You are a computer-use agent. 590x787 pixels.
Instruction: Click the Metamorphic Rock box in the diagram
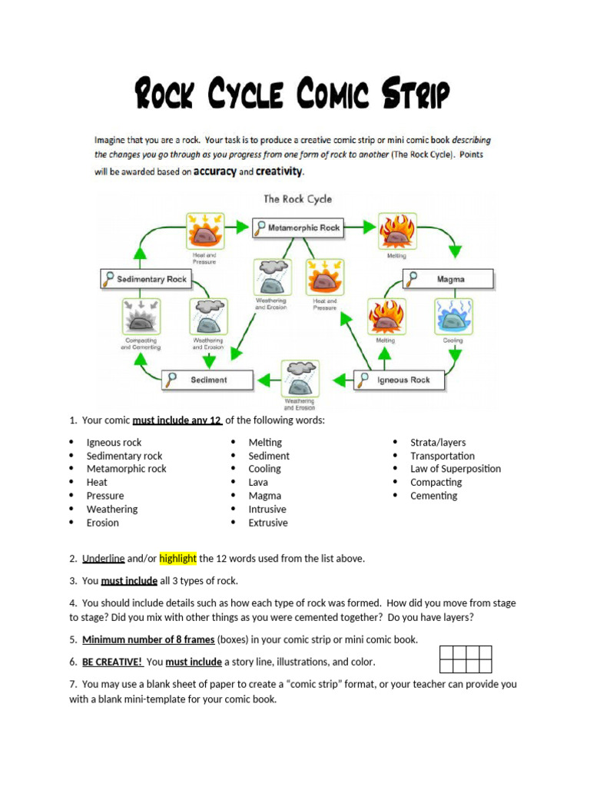point(297,227)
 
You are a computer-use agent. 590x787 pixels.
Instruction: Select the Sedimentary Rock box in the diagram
point(144,279)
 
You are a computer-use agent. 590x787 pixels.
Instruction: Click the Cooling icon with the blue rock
point(453,316)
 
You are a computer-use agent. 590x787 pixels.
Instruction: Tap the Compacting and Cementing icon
point(141,316)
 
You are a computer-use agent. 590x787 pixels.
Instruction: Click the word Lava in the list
point(259,483)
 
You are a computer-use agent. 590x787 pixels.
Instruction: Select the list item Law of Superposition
point(455,469)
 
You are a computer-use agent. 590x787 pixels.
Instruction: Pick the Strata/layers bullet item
point(438,443)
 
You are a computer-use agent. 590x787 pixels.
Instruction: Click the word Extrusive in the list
point(268,523)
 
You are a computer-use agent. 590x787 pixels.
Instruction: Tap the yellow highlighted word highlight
point(178,559)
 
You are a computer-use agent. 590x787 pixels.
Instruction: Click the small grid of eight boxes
point(466,659)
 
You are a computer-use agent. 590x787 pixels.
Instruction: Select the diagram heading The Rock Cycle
point(298,199)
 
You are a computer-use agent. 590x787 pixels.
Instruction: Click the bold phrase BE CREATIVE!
point(113,662)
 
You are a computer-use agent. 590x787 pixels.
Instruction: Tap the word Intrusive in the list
point(267,510)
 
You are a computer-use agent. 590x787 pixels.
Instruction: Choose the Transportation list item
point(442,456)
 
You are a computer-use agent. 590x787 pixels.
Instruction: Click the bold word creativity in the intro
point(279,171)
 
